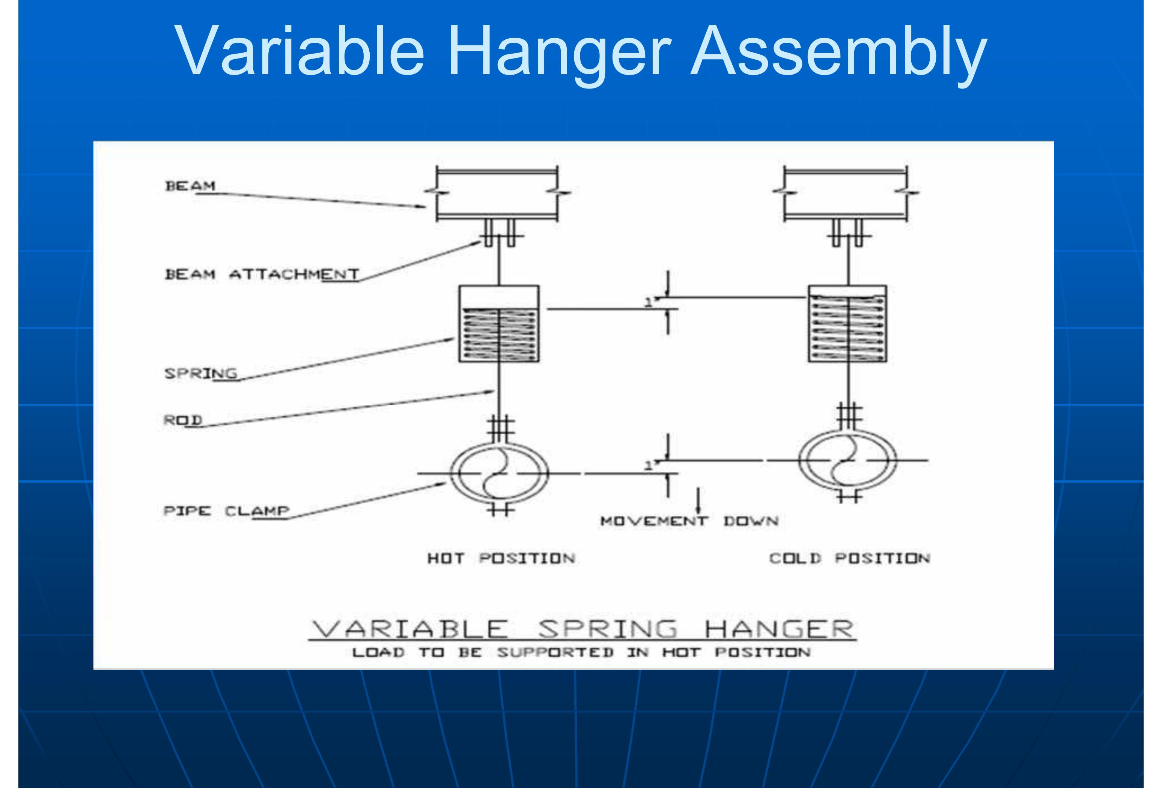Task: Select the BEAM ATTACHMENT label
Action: tap(262, 274)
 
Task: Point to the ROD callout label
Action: tap(182, 420)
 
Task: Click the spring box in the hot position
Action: tap(498, 324)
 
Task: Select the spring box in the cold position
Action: tap(847, 324)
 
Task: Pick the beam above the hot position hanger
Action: tap(497, 194)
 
